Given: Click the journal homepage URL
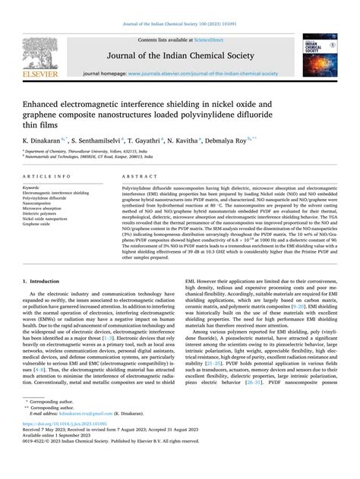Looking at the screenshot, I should (201, 73).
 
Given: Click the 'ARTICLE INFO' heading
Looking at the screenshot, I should (52, 174).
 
